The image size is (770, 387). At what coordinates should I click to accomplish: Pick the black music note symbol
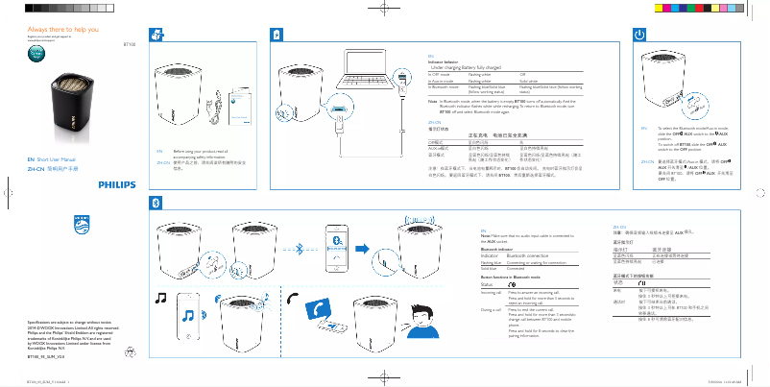[161, 298]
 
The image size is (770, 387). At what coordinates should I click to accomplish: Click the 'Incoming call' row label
[491, 293]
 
